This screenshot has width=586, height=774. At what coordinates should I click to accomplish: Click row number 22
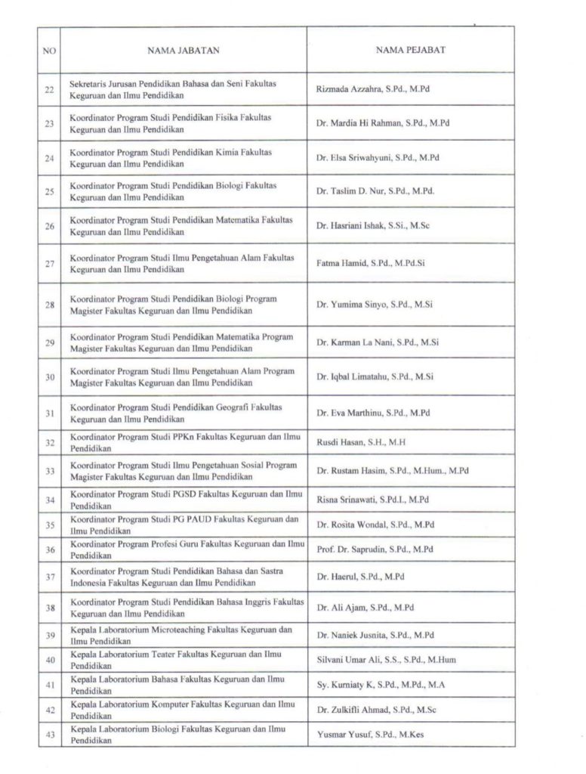tap(49, 90)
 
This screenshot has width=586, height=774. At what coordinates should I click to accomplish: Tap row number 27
tap(49, 264)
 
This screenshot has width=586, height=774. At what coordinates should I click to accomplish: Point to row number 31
tap(49, 413)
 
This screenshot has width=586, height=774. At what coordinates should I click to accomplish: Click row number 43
tap(49, 734)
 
